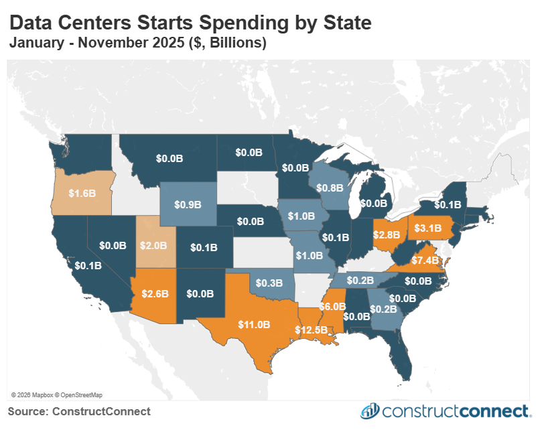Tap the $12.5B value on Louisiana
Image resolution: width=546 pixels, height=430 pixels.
point(312,330)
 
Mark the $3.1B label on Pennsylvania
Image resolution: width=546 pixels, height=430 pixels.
point(429,228)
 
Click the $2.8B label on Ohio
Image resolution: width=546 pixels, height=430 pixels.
point(387,234)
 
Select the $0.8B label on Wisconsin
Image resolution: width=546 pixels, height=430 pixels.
point(327,188)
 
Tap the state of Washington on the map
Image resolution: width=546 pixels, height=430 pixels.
point(84,151)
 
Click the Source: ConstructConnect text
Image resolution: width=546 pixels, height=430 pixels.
point(79,411)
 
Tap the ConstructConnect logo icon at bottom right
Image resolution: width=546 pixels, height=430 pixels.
point(370,411)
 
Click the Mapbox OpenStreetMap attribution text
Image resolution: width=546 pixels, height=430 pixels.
point(57,395)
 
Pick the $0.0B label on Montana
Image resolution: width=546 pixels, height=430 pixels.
point(169,159)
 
